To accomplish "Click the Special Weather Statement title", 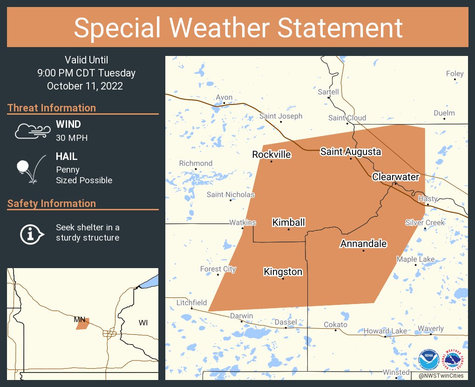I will (x=237, y=28).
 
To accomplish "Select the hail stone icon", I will (x=31, y=168).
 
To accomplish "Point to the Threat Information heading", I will (x=52, y=108).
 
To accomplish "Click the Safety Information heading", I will (x=52, y=203).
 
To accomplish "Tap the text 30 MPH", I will (x=72, y=138).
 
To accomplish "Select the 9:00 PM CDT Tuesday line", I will (x=87, y=73).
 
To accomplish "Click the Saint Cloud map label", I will (x=347, y=118).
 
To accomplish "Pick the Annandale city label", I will (x=364, y=243).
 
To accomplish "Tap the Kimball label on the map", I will (x=289, y=222).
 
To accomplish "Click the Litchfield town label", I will (x=191, y=303).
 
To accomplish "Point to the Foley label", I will (x=455, y=74).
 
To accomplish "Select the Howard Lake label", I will (x=385, y=331).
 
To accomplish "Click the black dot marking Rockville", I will (x=271, y=161).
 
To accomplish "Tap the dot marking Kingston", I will (x=283, y=279).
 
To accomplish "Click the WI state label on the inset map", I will (x=143, y=323).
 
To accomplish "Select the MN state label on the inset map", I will (x=79, y=319).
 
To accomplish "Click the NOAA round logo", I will (x=428, y=360).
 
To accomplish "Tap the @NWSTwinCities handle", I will (x=441, y=375).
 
